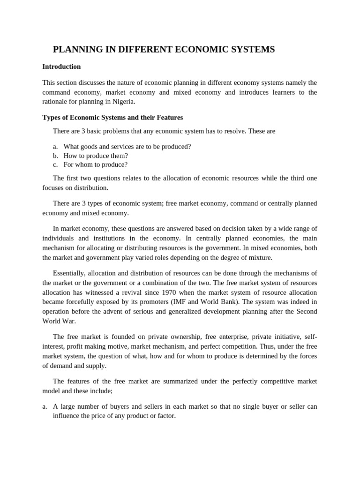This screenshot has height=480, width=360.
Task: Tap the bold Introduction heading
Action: (x=61, y=67)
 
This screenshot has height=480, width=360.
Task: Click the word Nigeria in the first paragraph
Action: (x=121, y=102)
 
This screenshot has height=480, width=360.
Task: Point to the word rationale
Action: (x=56, y=102)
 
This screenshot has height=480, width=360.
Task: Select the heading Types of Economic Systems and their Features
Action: (x=112, y=117)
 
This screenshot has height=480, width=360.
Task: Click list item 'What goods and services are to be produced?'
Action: (x=127, y=146)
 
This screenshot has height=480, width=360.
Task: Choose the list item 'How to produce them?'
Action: (x=96, y=156)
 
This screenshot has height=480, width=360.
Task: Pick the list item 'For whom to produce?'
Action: (x=95, y=165)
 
